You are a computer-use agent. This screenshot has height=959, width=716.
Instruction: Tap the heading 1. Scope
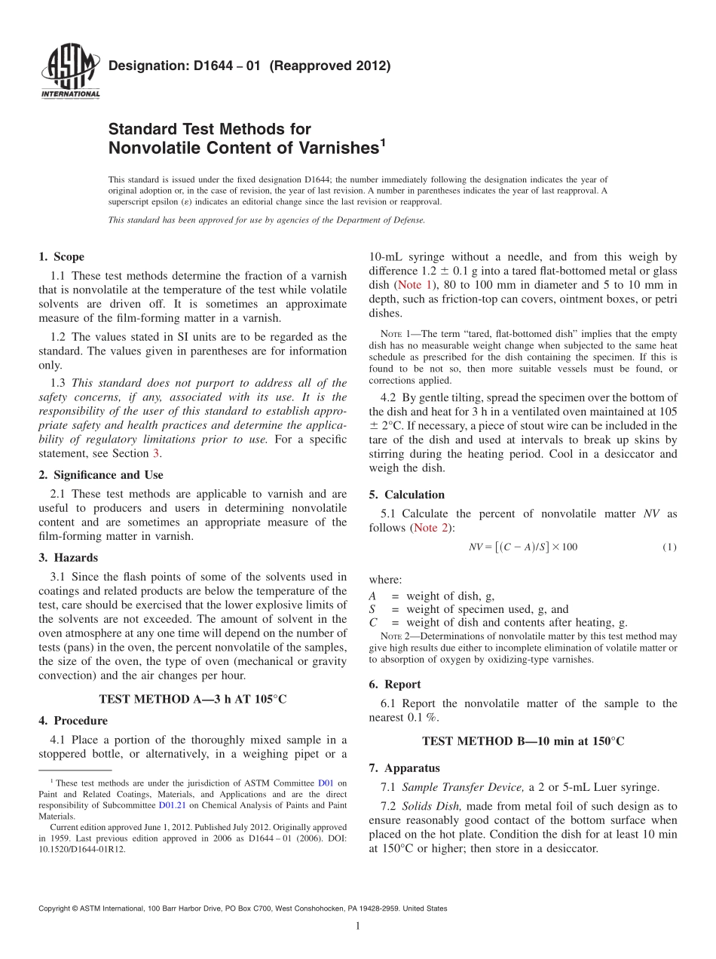pyautogui.click(x=61, y=257)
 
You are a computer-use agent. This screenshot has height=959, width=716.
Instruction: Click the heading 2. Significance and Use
pyautogui.click(x=100, y=475)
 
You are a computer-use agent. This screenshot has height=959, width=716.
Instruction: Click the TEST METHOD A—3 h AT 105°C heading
pyautogui.click(x=192, y=699)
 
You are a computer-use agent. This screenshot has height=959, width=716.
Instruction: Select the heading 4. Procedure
pyautogui.click(x=72, y=721)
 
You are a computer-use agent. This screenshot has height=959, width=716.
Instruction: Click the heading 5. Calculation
pyautogui.click(x=407, y=495)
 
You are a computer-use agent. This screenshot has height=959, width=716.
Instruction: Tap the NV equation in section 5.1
pyautogui.click(x=522, y=547)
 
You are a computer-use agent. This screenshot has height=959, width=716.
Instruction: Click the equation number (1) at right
pyautogui.click(x=669, y=547)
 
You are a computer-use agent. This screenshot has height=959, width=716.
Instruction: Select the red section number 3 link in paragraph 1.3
pyautogui.click(x=156, y=453)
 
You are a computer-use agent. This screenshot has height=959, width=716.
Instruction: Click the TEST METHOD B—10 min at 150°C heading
pyautogui.click(x=523, y=741)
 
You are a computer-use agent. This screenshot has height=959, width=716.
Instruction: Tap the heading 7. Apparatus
pyautogui.click(x=404, y=768)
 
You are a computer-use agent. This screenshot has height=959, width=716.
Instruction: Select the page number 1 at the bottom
pyautogui.click(x=357, y=926)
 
